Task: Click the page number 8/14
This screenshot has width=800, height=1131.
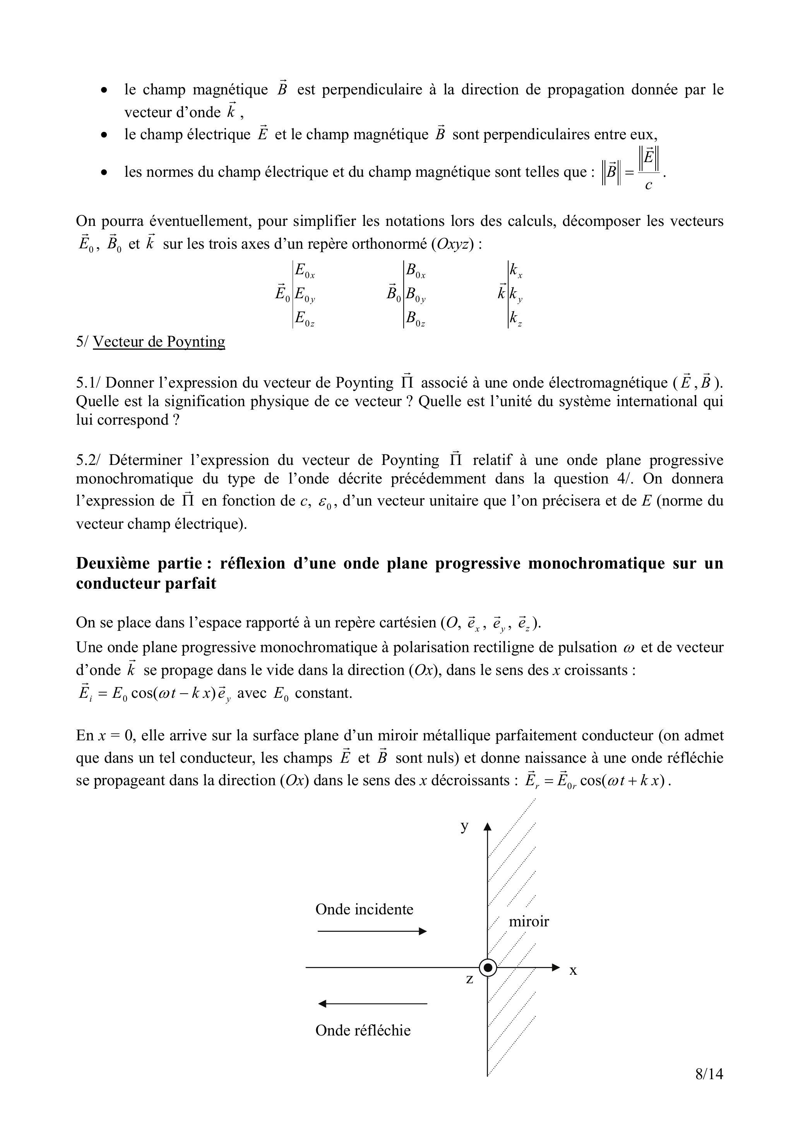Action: (709, 1073)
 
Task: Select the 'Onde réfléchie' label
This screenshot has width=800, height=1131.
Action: (363, 1030)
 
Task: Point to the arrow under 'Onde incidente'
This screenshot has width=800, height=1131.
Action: (372, 931)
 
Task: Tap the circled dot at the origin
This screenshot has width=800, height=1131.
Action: (488, 967)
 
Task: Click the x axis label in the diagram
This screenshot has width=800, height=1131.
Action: (573, 970)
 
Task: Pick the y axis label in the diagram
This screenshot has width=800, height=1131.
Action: (464, 826)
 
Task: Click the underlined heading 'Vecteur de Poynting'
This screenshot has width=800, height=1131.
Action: (159, 342)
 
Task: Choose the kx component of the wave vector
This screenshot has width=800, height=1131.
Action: (516, 270)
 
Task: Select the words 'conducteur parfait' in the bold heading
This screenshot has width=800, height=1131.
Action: (146, 584)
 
